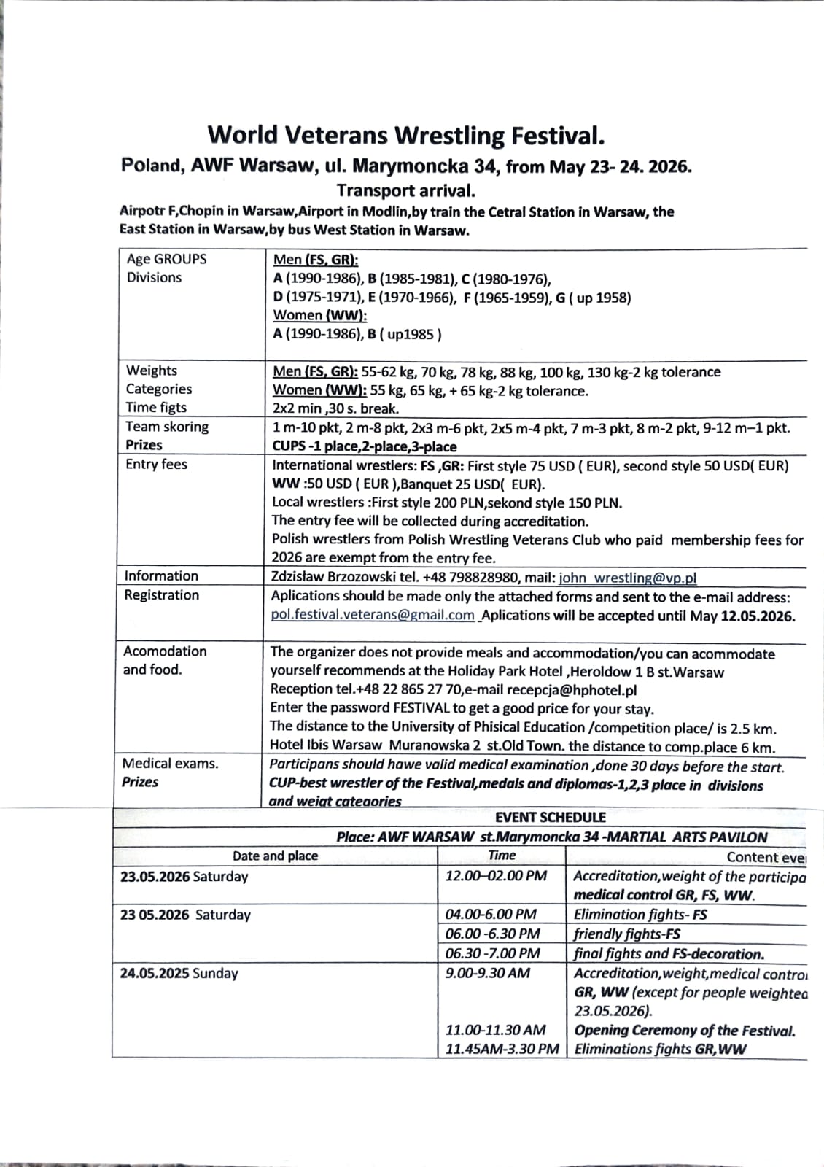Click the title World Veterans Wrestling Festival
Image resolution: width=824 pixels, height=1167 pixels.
click(406, 136)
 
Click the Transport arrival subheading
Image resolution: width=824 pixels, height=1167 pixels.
click(405, 191)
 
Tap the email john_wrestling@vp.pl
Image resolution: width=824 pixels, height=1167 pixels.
click(627, 578)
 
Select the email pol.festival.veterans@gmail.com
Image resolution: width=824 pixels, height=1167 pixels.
click(372, 615)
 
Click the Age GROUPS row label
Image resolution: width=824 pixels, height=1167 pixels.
click(166, 259)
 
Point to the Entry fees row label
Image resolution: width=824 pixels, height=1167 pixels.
click(156, 464)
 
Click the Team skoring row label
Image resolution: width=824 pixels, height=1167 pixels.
click(167, 427)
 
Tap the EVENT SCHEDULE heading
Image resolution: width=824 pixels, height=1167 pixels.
click(550, 818)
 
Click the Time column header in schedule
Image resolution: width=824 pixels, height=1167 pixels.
click(502, 856)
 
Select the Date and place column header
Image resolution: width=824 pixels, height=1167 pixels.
click(275, 856)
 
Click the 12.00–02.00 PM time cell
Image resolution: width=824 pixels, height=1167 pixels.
click(496, 876)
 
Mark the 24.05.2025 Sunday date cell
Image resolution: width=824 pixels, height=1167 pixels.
click(179, 973)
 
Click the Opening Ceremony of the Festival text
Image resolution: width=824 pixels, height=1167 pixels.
click(684, 1031)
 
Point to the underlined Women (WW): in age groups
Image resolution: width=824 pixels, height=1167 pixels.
click(319, 315)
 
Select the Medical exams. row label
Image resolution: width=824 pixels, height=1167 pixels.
click(170, 764)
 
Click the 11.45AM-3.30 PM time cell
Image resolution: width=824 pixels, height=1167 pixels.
click(502, 1050)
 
